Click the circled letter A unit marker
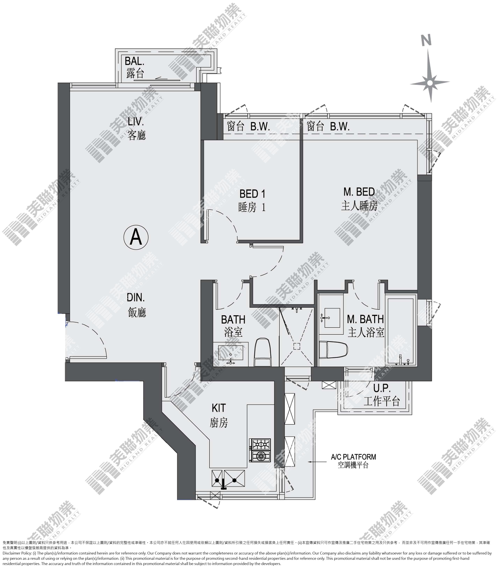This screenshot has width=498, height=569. click(136, 237)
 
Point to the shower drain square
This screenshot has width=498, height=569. click(297, 346)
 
